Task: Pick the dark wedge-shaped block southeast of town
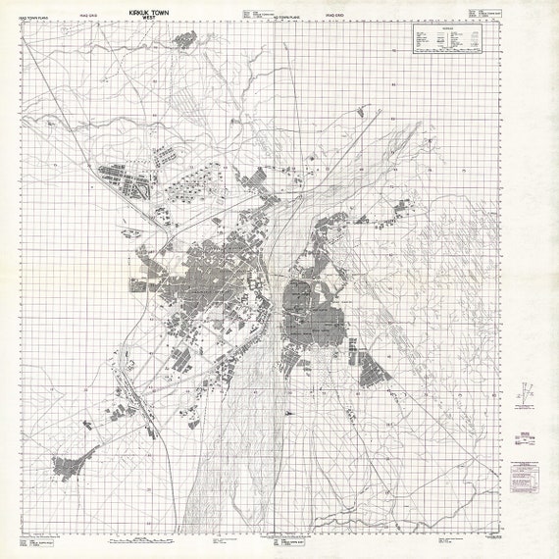[x=372, y=372]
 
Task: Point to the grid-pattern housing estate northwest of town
[x=123, y=181]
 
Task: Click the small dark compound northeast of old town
[x=401, y=205]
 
